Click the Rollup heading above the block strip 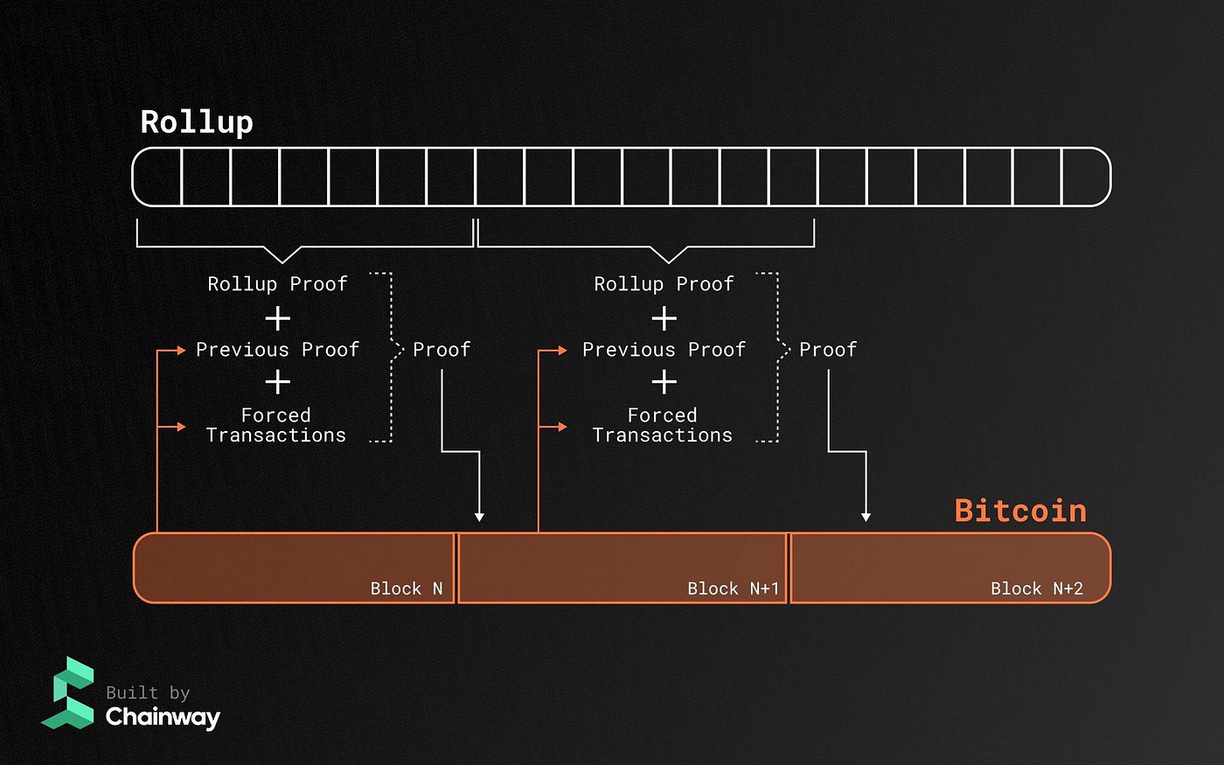coord(197,122)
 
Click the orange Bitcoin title coord(1020,511)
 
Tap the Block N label coord(407,588)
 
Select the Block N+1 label coord(733,588)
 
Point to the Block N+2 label coord(1036,588)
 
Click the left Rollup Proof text coord(277,284)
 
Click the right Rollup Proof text coord(664,284)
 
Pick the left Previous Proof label coord(277,350)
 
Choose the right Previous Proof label coord(664,350)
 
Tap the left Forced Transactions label coord(275,425)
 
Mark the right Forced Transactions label coord(662,425)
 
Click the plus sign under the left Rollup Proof coord(277,318)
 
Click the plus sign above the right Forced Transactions coord(664,382)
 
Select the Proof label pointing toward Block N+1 coord(442,350)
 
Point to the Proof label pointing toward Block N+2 coord(828,350)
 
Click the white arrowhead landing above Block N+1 coord(479,517)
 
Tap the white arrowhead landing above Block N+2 coord(866,517)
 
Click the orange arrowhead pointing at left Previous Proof coord(181,351)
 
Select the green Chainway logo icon coord(68,692)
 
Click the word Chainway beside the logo coord(163,717)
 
